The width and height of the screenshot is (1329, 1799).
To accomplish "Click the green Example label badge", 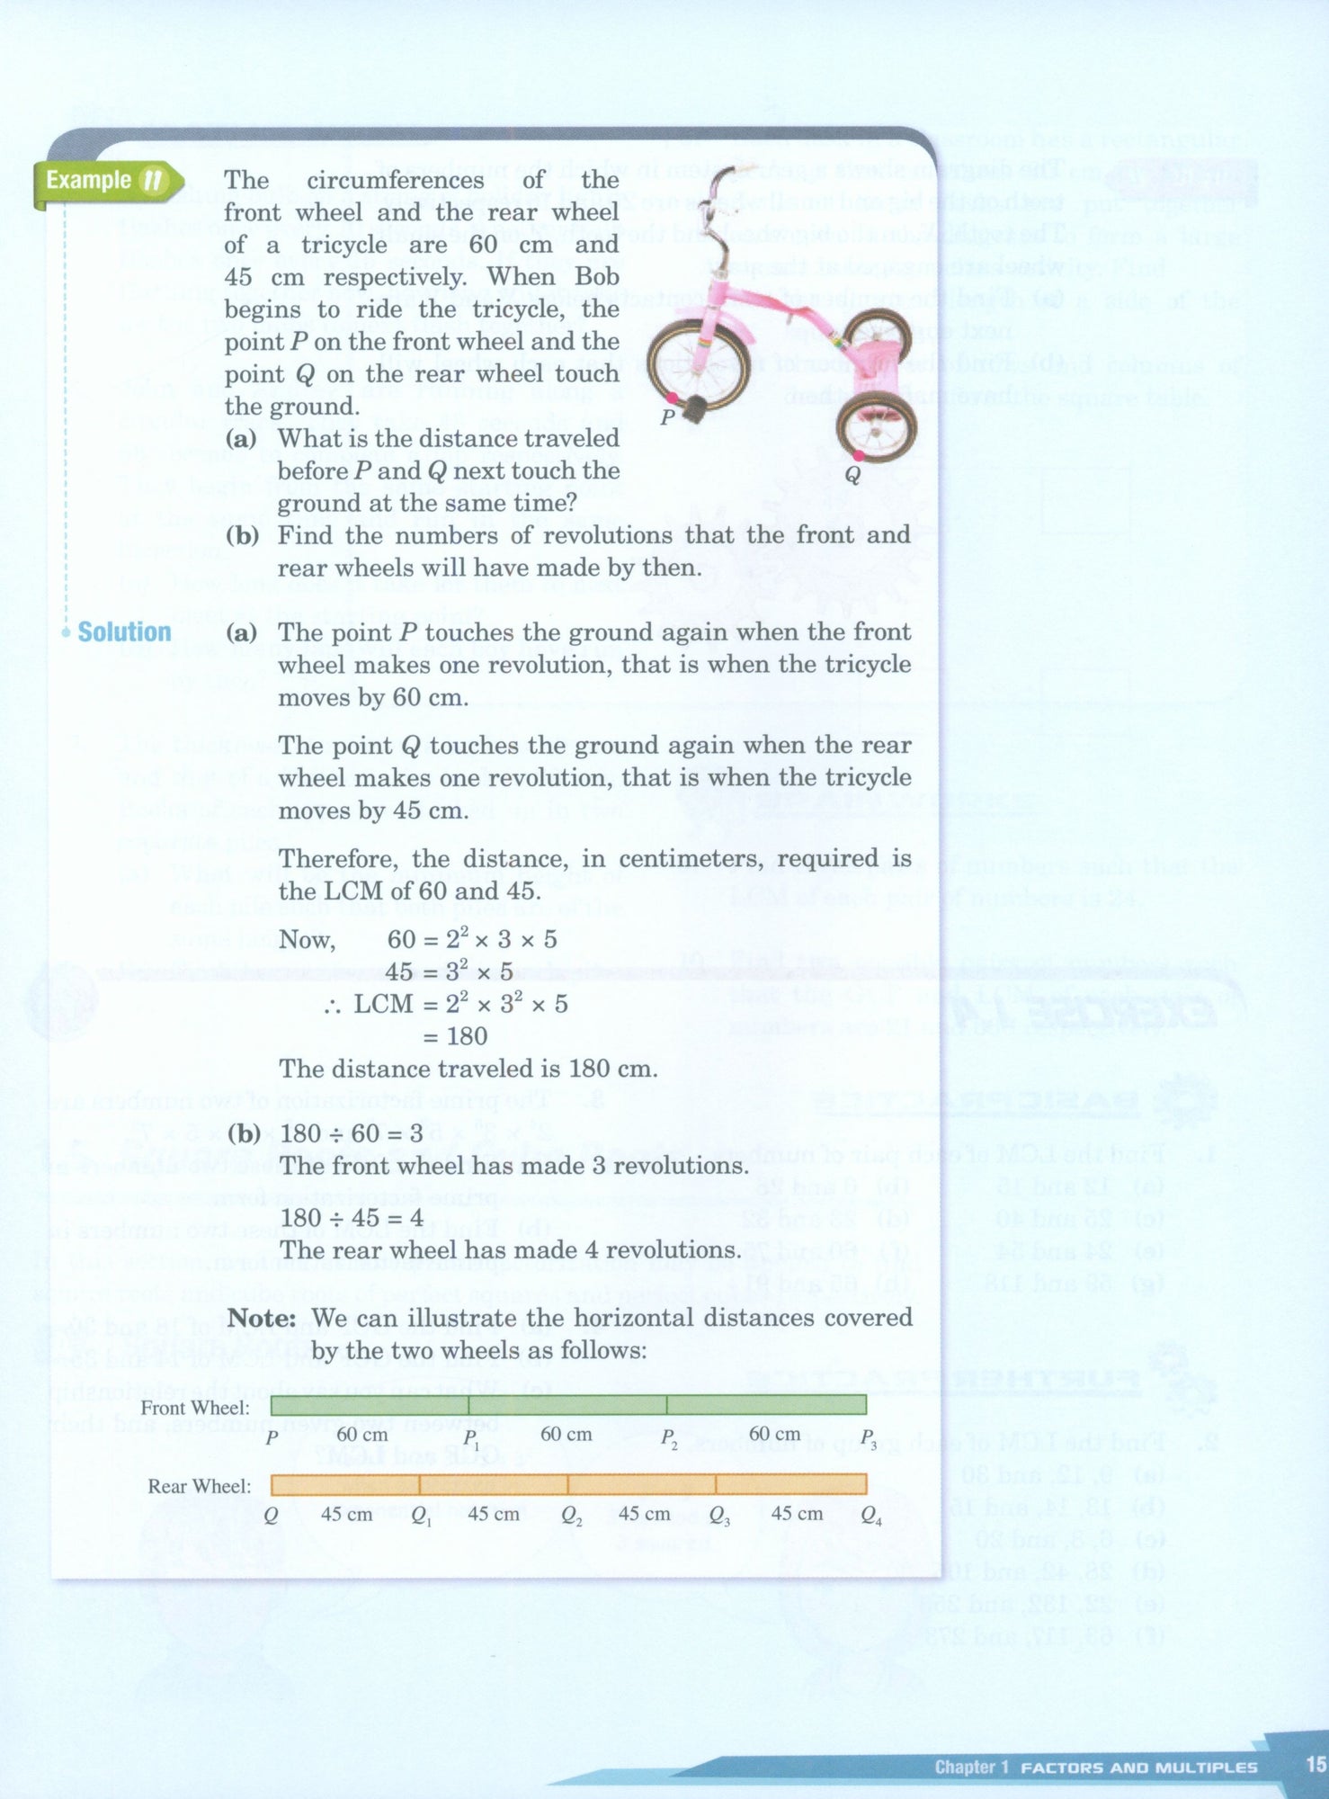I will [106, 181].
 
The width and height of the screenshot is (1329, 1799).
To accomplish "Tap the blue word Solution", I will [124, 632].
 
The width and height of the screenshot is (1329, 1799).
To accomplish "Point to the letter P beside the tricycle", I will [667, 416].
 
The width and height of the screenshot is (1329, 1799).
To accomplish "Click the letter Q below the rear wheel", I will [852, 473].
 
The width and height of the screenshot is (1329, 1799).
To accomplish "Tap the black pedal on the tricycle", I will [697, 410].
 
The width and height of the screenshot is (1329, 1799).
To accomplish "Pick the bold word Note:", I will [262, 1318].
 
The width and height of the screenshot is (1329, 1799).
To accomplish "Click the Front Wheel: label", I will [195, 1408].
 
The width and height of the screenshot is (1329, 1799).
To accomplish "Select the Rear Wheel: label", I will [200, 1486].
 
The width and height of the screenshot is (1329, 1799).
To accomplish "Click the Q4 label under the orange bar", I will [870, 1516].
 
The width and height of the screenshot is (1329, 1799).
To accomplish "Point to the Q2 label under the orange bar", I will [571, 1516].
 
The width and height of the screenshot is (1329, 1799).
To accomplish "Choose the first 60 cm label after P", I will [362, 1434].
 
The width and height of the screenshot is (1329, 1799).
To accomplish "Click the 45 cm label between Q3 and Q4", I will [797, 1514].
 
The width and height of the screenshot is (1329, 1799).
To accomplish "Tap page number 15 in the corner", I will [1316, 1764].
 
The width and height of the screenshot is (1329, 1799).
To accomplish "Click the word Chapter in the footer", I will [964, 1767].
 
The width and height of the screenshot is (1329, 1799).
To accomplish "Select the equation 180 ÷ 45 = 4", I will [352, 1218].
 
